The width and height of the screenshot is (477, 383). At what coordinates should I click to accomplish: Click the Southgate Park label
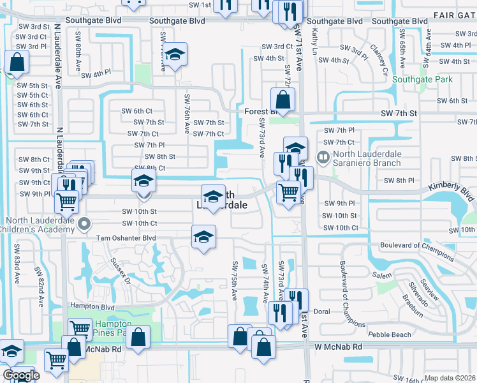tap(422, 80)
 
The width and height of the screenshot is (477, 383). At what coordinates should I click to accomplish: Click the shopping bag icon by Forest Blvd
tap(282, 100)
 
